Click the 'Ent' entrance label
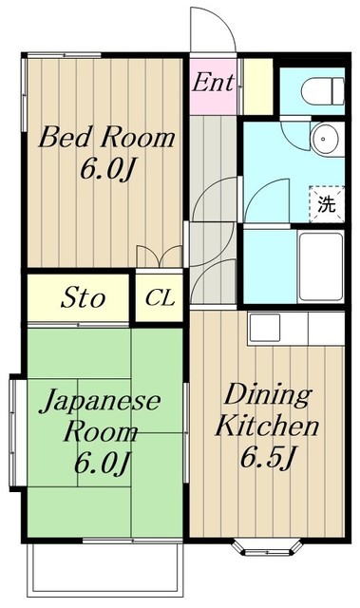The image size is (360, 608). point(213,83)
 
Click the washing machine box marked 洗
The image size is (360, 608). point(326,202)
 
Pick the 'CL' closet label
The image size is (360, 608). point(161,298)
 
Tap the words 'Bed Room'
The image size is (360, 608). point(106,139)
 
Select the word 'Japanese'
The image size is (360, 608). point(99,402)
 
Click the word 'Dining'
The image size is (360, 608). point(266,395)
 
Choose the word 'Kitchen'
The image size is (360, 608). point(266,426)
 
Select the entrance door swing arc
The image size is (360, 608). point(211,33)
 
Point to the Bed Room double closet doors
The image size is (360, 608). point(160,256)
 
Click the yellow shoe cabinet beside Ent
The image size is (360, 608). point(256,86)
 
